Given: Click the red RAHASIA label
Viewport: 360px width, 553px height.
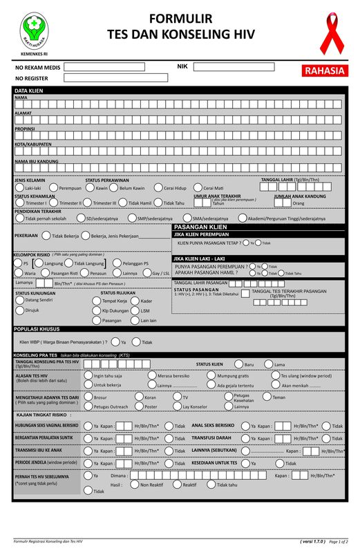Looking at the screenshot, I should [324, 71].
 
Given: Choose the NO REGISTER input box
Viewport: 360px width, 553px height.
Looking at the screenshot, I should [104, 79].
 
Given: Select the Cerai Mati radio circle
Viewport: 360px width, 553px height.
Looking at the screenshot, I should [198, 188].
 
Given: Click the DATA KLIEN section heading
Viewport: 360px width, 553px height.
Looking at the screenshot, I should [29, 91].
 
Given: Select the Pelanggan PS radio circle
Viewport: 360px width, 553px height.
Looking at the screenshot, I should [115, 263].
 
